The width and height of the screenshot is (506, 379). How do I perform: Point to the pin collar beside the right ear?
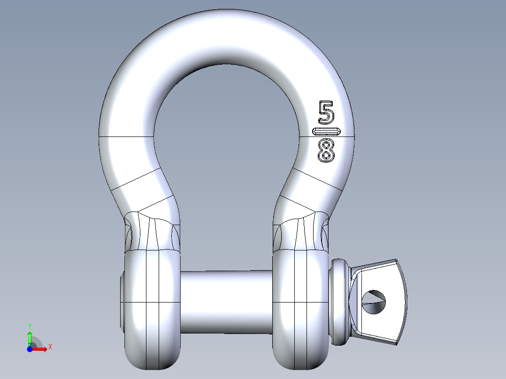[340, 302]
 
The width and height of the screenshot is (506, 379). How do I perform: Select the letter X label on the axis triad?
[50, 347]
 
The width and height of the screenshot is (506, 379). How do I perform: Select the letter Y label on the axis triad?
[30, 326]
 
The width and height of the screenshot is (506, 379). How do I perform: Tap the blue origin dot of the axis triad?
[30, 349]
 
